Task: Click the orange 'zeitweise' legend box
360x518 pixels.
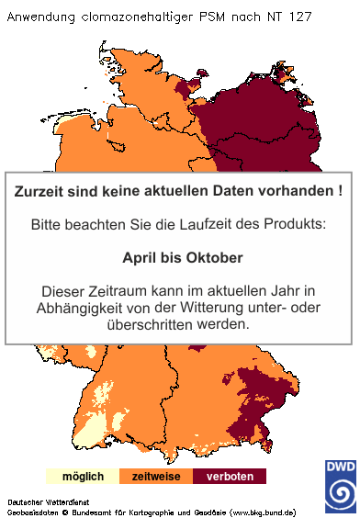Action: pos(156,477)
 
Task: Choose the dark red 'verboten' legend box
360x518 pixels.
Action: pos(230,477)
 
